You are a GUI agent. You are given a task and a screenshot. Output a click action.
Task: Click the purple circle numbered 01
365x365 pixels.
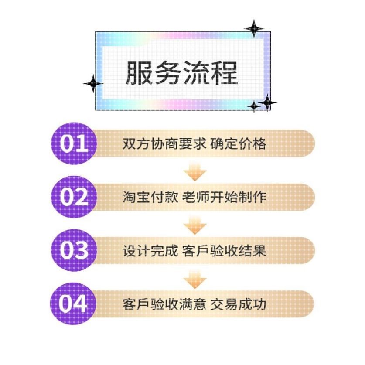[73, 144]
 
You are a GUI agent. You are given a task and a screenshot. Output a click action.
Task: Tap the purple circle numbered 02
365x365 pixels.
[73, 197]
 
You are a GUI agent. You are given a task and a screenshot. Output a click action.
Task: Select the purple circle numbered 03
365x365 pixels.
[73, 250]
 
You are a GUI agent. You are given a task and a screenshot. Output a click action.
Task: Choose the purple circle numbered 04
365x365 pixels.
[73, 304]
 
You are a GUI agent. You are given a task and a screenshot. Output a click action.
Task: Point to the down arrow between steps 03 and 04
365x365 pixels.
[194, 280]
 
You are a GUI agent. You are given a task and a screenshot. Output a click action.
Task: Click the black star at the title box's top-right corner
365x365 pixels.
[254, 29]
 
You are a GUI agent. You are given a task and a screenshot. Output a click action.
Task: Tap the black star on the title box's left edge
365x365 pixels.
[92, 83]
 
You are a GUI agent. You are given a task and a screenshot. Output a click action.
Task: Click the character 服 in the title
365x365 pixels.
[140, 72]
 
